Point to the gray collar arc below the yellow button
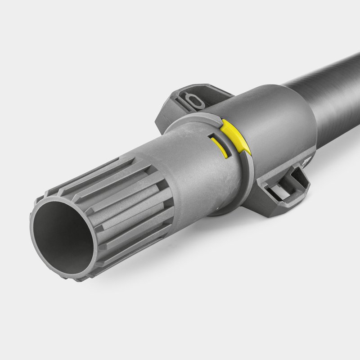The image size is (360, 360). tap(245, 175)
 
